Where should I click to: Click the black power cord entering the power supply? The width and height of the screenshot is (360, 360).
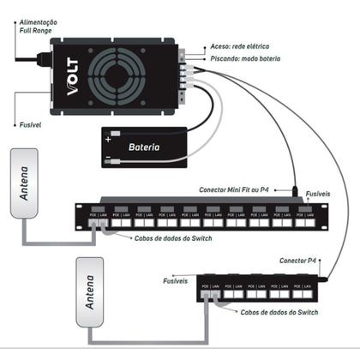tap(26, 59)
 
